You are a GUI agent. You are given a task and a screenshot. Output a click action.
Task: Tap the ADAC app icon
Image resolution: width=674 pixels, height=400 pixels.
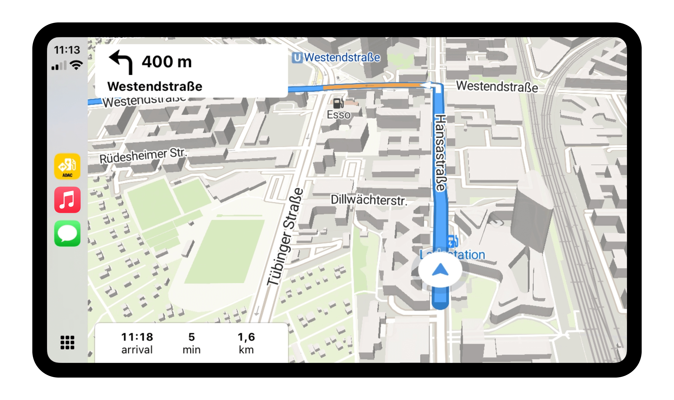67,166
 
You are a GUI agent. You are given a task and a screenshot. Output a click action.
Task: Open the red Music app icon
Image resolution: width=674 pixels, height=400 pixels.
67,200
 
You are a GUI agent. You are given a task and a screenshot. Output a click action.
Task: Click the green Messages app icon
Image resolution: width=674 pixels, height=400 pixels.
67,233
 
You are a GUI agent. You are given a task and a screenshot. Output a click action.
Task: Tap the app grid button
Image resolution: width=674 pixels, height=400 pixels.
67,342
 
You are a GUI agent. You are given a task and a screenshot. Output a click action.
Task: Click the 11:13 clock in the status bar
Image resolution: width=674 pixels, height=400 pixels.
67,50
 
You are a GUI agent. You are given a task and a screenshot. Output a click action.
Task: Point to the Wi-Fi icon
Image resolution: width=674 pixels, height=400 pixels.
76,65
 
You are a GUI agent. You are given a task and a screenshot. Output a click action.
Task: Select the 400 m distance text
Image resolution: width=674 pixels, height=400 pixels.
167,62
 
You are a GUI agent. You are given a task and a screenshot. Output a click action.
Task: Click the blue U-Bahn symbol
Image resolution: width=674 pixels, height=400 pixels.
297,58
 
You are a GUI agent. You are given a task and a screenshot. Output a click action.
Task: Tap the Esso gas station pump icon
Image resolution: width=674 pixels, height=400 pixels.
338,103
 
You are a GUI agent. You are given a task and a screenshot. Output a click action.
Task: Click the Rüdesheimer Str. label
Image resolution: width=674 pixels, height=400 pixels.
143,156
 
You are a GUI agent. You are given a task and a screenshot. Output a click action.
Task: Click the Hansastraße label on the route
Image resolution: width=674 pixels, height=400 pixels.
440,153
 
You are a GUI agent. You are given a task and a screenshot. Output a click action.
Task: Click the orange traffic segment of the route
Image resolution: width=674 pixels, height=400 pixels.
372,86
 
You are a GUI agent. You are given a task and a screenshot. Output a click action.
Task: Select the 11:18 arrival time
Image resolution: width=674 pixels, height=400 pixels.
137,337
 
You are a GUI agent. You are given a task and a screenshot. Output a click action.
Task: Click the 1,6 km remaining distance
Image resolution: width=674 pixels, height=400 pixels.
246,342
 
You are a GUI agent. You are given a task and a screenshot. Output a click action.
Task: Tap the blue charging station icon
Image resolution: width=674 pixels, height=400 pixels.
452,241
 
